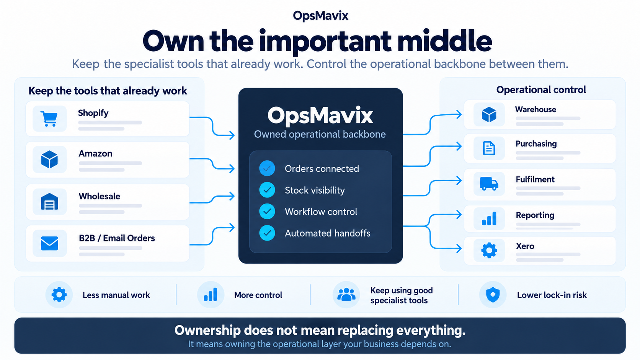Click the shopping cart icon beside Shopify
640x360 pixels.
point(49,119)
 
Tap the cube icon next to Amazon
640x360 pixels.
point(49,159)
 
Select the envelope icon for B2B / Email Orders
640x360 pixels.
point(49,243)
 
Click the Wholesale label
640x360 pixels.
point(100,196)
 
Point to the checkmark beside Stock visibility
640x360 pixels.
point(267,190)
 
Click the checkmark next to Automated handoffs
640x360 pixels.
point(267,233)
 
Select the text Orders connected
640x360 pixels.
point(322,168)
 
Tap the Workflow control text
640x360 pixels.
point(321,212)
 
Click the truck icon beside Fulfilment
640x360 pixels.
point(489,183)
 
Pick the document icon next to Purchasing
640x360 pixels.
point(489,148)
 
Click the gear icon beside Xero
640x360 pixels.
point(489,250)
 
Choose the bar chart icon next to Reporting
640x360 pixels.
point(489,219)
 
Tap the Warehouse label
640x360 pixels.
point(536,109)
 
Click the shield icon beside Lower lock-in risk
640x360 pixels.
point(493,295)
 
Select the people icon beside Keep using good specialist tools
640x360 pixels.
point(346,295)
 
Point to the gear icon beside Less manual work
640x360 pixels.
point(59,295)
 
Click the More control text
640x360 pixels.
point(258,295)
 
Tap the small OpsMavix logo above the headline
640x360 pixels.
point(320,15)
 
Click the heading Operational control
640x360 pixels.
point(541,90)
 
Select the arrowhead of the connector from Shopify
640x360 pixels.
point(232,135)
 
